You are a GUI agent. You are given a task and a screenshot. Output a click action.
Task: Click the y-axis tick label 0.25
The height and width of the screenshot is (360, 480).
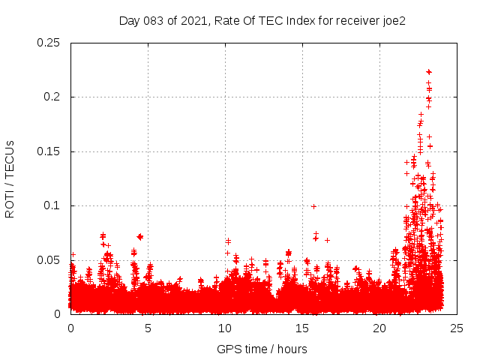click(49, 43)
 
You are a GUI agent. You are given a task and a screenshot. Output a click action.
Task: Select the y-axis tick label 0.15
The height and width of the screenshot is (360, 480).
click(49, 151)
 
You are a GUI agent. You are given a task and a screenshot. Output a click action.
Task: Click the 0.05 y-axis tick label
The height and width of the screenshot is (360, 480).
click(49, 260)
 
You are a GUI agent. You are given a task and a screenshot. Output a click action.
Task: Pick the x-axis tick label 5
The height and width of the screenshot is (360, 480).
click(148, 328)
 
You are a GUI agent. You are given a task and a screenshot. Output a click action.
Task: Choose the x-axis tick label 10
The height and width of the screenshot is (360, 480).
click(225, 328)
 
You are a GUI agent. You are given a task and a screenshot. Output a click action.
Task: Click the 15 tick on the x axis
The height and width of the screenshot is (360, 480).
click(302, 328)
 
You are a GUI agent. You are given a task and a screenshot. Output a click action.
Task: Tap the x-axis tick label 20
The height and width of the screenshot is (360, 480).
click(379, 328)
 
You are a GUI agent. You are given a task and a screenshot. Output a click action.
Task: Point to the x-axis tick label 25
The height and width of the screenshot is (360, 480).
click(457, 328)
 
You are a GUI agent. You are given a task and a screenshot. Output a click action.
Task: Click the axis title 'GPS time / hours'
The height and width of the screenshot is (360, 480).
click(262, 349)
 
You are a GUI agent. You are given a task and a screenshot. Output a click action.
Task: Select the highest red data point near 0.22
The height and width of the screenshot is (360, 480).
click(429, 72)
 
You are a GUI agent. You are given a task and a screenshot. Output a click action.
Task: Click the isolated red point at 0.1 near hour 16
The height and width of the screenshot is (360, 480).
click(313, 206)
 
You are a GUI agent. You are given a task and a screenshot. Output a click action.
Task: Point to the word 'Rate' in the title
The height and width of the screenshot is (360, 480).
click(226, 21)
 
